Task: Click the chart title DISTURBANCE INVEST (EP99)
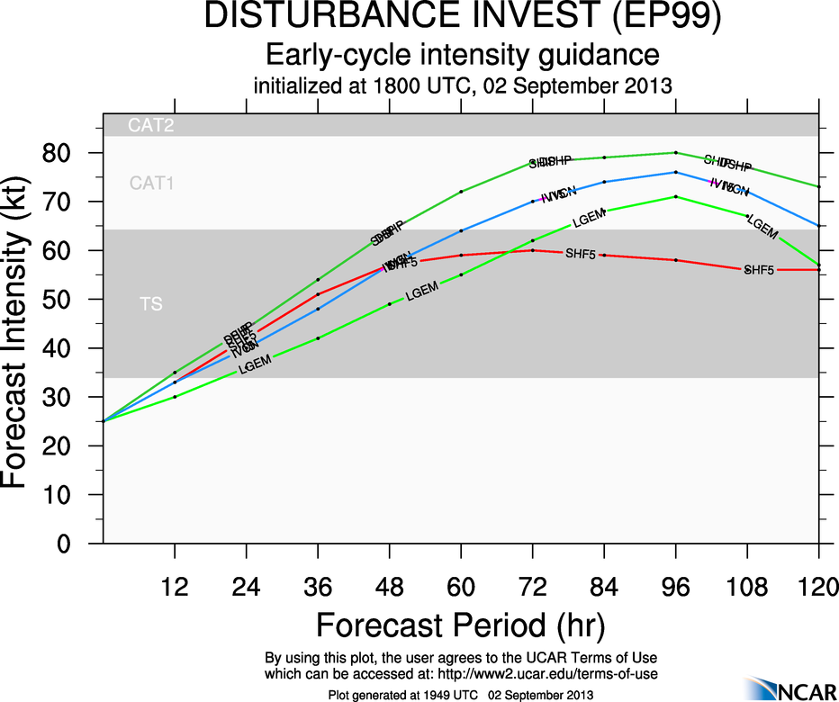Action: (462, 18)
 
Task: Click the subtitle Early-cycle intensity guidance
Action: (462, 55)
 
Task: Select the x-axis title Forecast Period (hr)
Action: (460, 625)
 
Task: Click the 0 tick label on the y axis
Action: (65, 544)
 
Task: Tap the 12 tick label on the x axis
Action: (175, 587)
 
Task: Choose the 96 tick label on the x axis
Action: (675, 587)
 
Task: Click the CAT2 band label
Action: (150, 126)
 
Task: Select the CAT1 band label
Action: (151, 184)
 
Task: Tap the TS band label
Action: (151, 304)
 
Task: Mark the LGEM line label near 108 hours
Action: (762, 228)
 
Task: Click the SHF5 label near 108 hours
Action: (758, 270)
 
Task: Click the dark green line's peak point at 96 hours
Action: (675, 153)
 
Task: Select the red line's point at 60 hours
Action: (461, 255)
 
